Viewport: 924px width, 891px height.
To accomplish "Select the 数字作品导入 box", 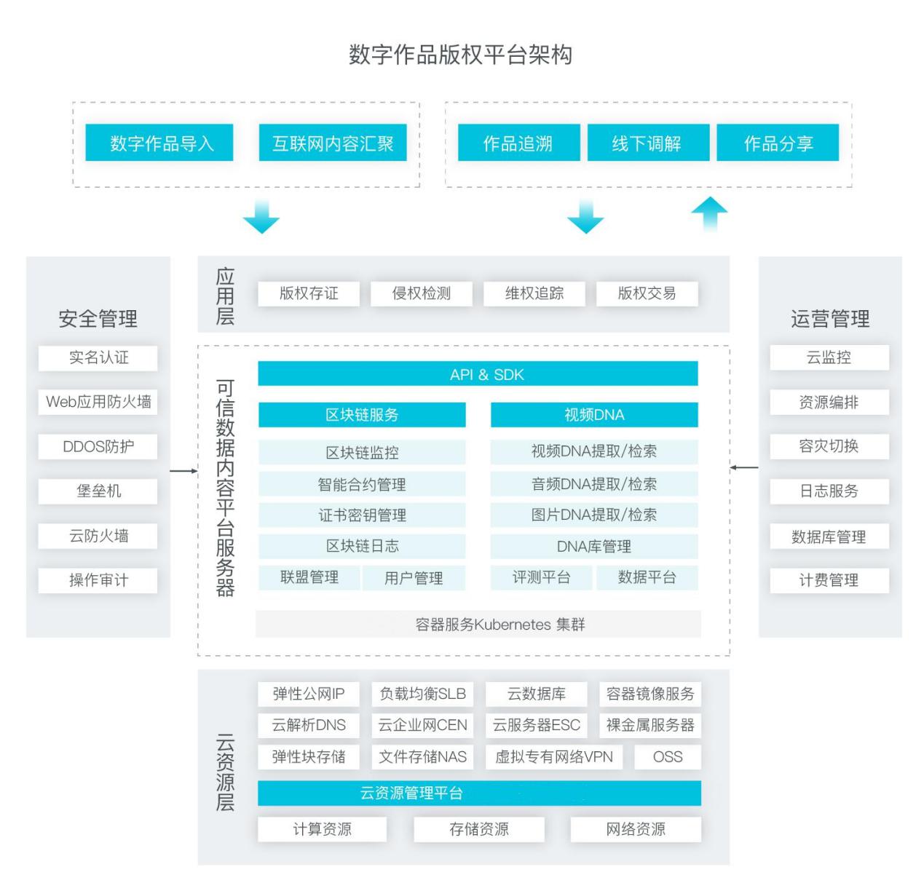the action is coord(159,143).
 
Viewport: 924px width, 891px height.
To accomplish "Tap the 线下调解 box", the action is coord(648,143).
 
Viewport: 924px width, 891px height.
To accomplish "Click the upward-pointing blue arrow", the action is coord(709,213).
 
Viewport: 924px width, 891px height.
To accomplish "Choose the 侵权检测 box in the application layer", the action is coord(421,293).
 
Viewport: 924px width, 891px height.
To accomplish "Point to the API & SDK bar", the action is coord(478,373).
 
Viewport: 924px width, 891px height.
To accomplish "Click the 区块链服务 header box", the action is coord(362,414).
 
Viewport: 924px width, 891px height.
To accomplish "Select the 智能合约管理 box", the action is coord(362,483).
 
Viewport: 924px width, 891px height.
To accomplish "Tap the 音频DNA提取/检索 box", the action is coord(594,483).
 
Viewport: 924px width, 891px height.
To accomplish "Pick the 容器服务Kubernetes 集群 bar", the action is coord(478,624).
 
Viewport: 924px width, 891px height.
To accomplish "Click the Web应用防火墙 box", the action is coord(98,402).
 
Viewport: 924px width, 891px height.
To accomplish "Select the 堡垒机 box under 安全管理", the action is coord(98,491).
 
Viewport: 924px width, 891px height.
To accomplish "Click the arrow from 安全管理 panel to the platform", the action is coord(183,471).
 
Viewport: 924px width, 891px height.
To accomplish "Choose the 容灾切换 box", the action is coord(829,446).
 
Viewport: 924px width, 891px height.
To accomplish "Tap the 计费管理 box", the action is coord(829,580).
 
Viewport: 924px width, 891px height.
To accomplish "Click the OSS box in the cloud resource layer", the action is coord(668,756).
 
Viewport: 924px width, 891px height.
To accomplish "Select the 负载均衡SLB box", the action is coord(422,694).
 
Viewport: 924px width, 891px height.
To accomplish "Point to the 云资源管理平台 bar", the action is coord(479,793).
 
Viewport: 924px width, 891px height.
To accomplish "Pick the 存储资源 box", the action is coord(478,829).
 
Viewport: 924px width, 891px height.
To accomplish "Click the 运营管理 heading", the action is coord(830,319).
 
